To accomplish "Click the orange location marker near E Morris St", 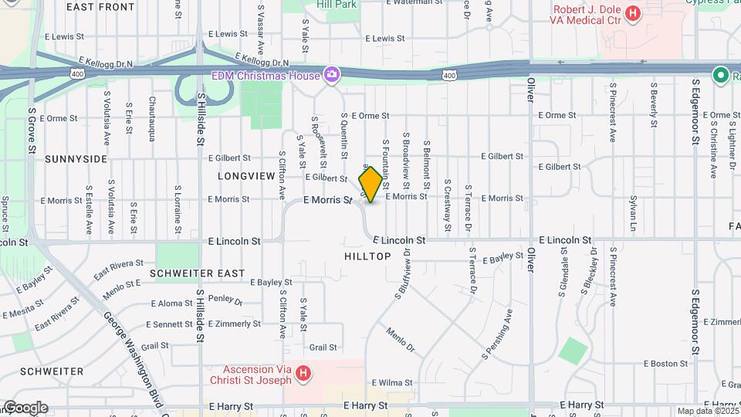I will tap(370, 184).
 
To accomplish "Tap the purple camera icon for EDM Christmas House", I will tap(332, 74).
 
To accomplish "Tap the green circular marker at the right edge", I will tap(721, 75).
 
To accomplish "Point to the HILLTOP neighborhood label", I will tap(368, 256).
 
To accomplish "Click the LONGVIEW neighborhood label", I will tap(246, 176).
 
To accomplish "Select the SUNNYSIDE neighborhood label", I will tap(76, 159).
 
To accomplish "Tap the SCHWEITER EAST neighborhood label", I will tap(198, 273).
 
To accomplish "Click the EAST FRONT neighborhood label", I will tap(100, 7).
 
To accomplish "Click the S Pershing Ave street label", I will tap(498, 334).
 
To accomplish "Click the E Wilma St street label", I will tap(392, 382).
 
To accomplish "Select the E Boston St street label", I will tap(665, 363).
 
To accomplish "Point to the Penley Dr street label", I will tap(225, 300).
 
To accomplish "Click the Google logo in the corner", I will tap(25, 408).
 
